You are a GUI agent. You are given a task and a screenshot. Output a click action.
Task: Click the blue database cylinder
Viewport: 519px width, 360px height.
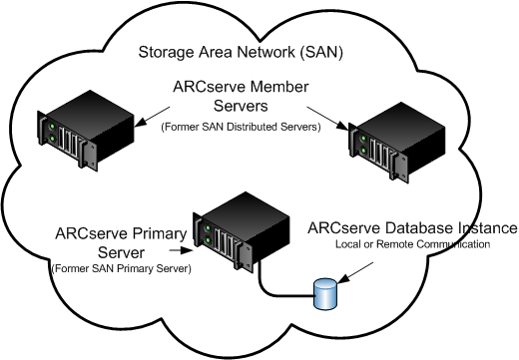tap(324, 293)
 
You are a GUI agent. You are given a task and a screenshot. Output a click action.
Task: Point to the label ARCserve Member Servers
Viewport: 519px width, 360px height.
tap(233, 98)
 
